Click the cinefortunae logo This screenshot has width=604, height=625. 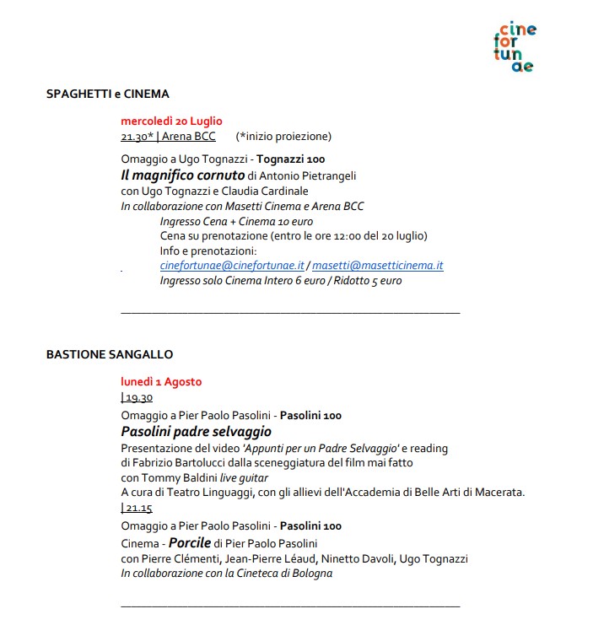tap(517, 47)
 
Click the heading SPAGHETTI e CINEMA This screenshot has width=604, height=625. tap(107, 94)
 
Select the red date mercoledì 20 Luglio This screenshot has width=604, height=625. tap(171, 121)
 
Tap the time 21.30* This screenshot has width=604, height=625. tap(137, 136)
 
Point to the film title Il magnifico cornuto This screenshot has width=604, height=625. tap(182, 175)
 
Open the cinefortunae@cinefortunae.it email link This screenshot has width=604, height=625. tap(232, 265)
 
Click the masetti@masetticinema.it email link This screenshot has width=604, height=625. tap(378, 265)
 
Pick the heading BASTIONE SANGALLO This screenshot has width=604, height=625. tap(110, 354)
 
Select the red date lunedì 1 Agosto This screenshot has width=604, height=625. tap(161, 381)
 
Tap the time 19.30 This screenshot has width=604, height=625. tap(138, 397)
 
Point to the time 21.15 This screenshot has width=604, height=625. tap(138, 508)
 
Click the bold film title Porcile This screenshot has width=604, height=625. tap(189, 542)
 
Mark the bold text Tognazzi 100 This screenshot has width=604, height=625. tap(290, 159)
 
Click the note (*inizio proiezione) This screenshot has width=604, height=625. tap(284, 136)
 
